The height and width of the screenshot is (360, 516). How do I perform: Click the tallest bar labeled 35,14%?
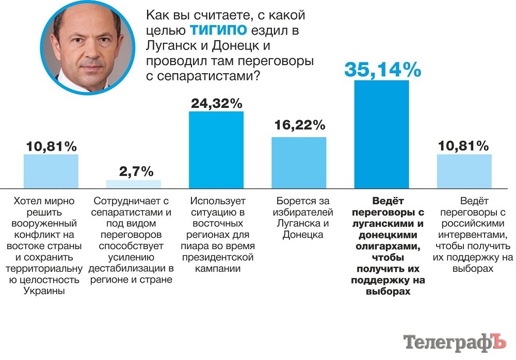[381, 134]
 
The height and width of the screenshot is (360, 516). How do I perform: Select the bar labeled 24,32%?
[216, 150]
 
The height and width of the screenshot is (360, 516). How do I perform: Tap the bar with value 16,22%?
[299, 162]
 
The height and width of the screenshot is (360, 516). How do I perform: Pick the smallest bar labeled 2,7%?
[134, 184]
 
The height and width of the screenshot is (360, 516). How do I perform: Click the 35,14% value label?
[382, 69]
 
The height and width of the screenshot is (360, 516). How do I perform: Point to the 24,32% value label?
[216, 103]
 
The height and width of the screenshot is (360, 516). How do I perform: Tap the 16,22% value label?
[299, 124]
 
